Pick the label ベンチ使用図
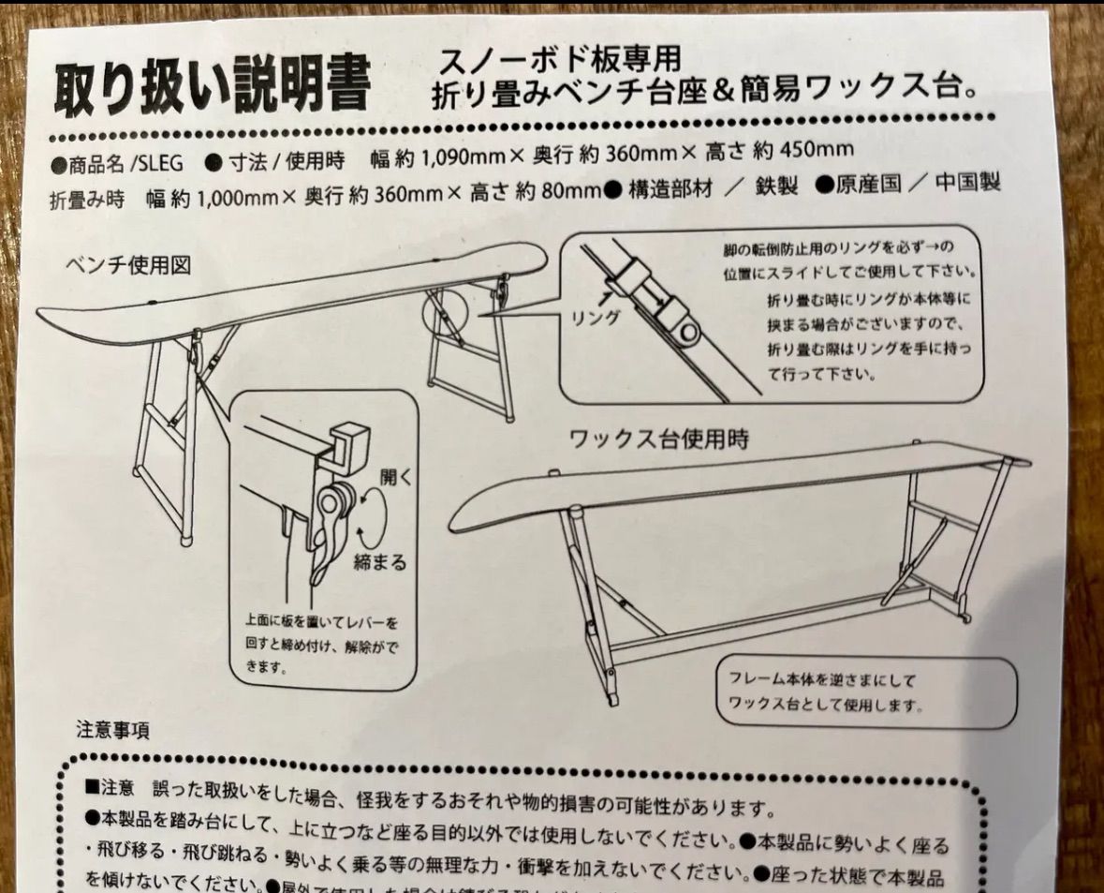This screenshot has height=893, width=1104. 127,265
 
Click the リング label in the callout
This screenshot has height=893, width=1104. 596,317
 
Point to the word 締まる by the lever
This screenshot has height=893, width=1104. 379,562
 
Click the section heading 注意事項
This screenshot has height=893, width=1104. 112,727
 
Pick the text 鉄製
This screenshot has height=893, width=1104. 774,186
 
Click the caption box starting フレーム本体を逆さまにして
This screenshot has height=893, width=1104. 866,691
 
